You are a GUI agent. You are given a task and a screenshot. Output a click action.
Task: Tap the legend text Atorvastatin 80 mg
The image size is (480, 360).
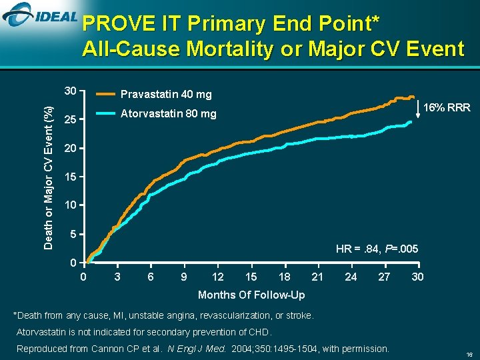coord(168,114)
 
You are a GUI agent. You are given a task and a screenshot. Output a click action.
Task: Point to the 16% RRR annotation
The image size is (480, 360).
coord(447,107)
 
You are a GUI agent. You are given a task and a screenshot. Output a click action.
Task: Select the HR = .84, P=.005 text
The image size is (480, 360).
coord(377,249)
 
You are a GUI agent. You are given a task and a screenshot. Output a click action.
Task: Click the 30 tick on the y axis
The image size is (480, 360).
coord(69,91)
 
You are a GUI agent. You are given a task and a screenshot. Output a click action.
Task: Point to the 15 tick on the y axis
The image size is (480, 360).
coord(69,177)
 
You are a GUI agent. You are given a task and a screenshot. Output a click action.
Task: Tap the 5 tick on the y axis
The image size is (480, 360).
coord(73,234)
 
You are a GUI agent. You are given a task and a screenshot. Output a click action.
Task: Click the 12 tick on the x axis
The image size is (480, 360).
coord(217,276)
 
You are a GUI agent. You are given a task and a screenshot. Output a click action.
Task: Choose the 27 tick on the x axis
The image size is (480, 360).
coord(384,276)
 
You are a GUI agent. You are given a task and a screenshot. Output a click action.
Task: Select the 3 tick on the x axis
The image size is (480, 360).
coord(117,276)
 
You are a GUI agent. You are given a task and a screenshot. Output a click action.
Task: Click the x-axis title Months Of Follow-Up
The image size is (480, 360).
coord(251,295)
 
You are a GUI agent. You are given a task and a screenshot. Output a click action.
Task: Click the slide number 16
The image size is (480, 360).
coord(469,354)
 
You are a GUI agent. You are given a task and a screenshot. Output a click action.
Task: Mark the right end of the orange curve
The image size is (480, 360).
coord(413,97)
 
